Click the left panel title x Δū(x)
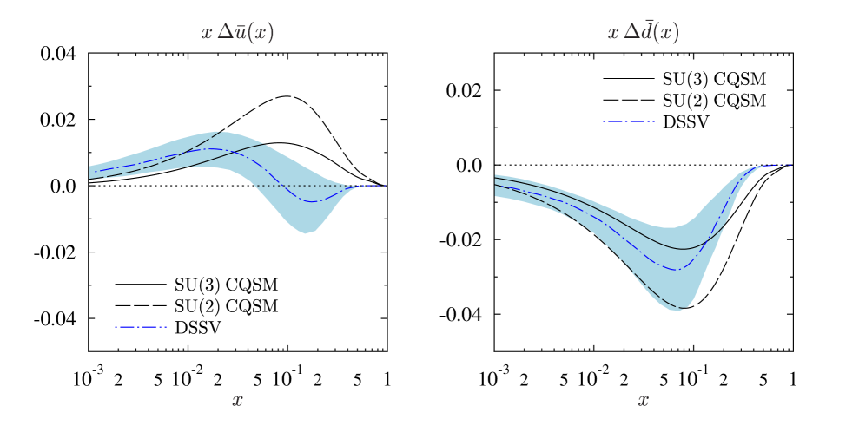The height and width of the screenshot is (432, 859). point(237,33)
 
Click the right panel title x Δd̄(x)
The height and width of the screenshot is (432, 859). point(643,33)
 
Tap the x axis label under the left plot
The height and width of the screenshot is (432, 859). point(237,401)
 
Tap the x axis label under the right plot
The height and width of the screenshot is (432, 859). point(643,401)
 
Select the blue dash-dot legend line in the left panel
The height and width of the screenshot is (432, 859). point(141,327)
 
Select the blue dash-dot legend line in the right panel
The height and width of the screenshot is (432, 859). point(629,121)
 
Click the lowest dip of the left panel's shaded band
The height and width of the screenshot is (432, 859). point(306,232)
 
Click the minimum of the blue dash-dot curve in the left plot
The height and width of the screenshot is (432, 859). point(317,201)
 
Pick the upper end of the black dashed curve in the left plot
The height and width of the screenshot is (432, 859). point(217,134)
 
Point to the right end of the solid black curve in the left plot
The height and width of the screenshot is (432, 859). point(264,145)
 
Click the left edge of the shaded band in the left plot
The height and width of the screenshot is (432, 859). point(89,172)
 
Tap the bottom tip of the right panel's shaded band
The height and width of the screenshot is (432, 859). point(677,311)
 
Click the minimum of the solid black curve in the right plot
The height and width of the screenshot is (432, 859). point(684,249)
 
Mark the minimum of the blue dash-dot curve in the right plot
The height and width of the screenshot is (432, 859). point(677,270)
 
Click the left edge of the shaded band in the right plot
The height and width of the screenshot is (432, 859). point(496,186)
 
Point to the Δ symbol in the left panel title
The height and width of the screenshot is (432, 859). point(223,33)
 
